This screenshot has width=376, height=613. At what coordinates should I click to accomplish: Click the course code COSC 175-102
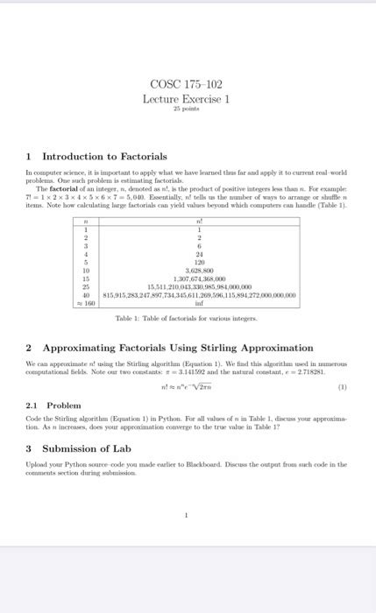click(x=187, y=85)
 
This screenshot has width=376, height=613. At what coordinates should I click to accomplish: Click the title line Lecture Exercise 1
click(x=187, y=100)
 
